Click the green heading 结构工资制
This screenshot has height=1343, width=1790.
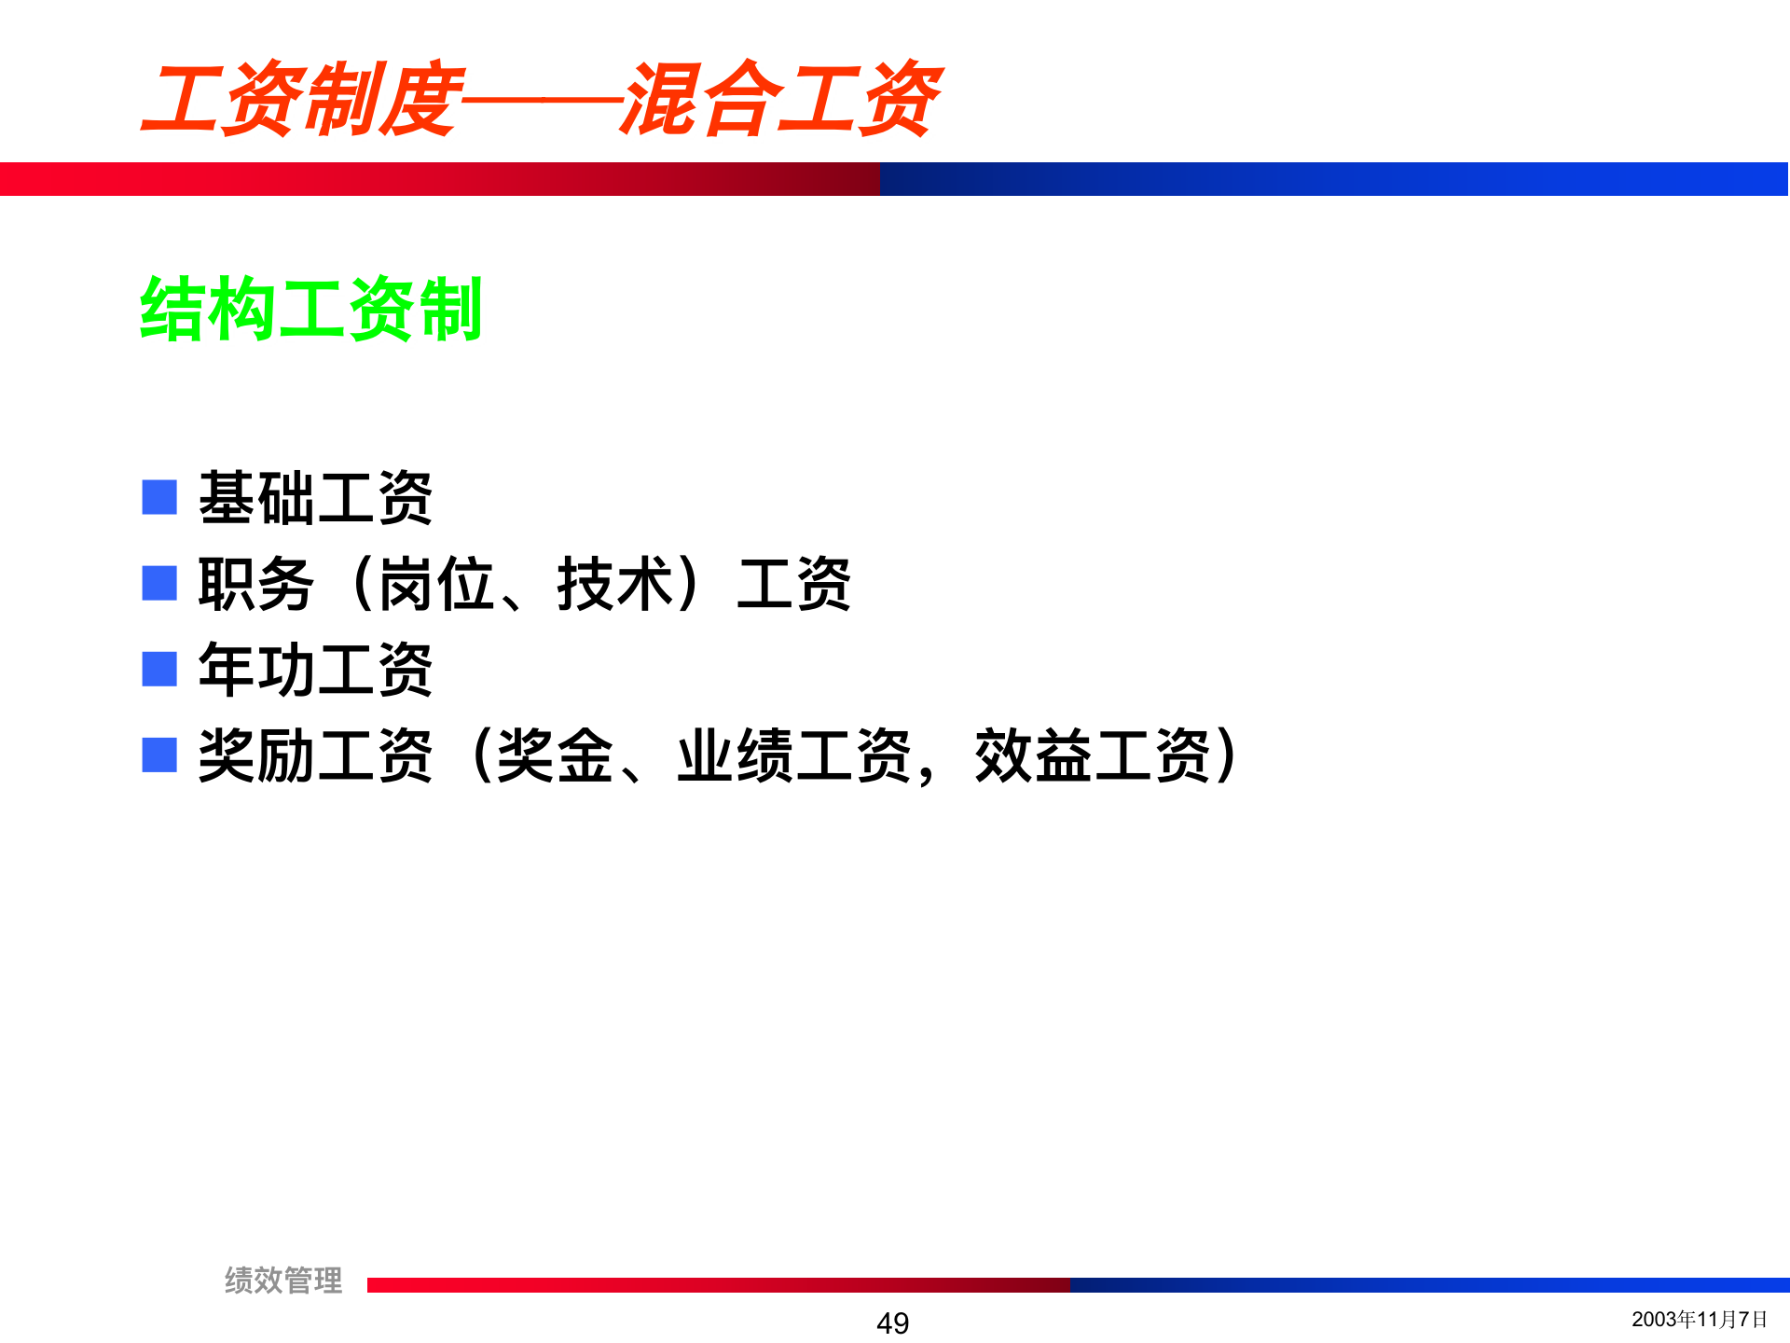tap(310, 309)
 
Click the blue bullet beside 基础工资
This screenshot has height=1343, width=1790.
tap(159, 497)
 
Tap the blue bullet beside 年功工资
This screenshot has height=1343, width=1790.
tap(159, 669)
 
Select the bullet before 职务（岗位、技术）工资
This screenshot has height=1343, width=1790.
tap(159, 583)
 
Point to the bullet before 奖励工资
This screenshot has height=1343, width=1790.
tap(159, 755)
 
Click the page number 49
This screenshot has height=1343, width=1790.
tap(892, 1322)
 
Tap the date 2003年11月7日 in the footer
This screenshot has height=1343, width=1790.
tap(1699, 1319)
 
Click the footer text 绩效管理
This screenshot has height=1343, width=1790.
tap(283, 1280)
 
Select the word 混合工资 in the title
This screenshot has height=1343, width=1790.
tap(781, 99)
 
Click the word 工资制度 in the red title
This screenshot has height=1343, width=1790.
tap(302, 99)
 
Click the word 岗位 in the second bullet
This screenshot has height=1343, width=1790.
tap(436, 584)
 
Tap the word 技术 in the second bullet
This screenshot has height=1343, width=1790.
tap(615, 584)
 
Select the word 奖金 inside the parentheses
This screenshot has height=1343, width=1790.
tap(555, 755)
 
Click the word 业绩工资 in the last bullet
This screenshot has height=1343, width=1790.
tap(794, 755)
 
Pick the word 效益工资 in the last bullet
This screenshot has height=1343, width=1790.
tap(1093, 755)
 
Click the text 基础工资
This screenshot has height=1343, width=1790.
tap(315, 498)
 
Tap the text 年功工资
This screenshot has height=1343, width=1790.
tap(315, 670)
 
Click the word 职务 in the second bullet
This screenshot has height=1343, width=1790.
tap(255, 584)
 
